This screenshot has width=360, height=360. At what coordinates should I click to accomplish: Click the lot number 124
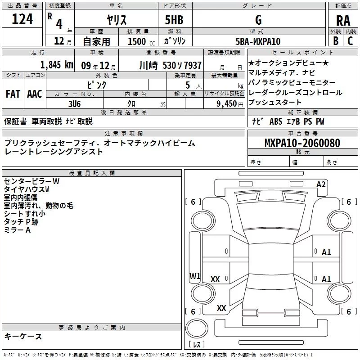(x=22, y=19)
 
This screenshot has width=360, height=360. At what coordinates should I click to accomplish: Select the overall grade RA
(x=343, y=21)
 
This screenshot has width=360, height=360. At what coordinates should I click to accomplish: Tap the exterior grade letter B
(x=336, y=41)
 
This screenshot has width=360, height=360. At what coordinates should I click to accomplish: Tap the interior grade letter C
(x=350, y=41)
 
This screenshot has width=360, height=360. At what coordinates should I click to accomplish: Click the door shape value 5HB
(x=174, y=20)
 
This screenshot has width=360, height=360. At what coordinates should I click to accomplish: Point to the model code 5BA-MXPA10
(x=258, y=41)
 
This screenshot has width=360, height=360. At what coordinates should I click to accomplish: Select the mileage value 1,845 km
(x=57, y=65)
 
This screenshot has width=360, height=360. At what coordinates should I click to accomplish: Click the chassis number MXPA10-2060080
(x=302, y=143)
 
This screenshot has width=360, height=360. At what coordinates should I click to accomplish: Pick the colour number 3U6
(x=74, y=104)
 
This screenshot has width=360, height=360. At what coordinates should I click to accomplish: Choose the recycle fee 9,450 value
(x=227, y=104)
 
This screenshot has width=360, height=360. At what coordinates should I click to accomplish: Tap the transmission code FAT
(x=13, y=94)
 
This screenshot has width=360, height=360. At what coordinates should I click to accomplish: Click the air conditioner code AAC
(x=35, y=94)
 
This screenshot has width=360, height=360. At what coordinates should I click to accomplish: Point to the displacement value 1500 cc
(x=141, y=41)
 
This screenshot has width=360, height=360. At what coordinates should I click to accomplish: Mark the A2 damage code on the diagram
(x=321, y=184)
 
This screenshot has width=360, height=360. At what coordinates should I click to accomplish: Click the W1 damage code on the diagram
(x=195, y=276)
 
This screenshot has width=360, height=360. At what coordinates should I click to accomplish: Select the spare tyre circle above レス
(x=197, y=328)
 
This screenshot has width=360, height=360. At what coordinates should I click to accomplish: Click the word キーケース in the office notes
(x=23, y=336)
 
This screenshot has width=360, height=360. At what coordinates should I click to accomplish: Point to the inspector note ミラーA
(x=17, y=230)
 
